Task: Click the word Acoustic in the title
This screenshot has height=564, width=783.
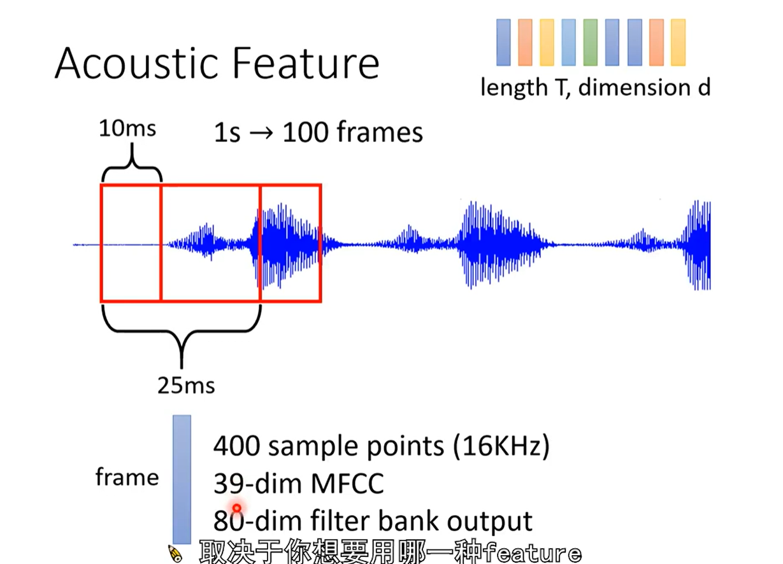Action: [x=137, y=63]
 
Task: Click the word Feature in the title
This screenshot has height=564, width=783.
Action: [x=306, y=63]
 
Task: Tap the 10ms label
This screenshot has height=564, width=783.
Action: [x=127, y=129]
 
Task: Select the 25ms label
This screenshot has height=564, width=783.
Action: [x=186, y=386]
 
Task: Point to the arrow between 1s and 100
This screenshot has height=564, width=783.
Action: [x=261, y=134]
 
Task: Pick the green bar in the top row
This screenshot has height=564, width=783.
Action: [x=591, y=42]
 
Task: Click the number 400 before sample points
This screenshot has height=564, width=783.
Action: [x=236, y=446]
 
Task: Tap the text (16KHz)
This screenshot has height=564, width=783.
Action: [x=501, y=447]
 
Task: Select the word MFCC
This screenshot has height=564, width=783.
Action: [x=347, y=483]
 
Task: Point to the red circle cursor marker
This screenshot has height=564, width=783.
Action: [x=236, y=508]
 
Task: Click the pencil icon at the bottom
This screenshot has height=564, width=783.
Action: [x=175, y=554]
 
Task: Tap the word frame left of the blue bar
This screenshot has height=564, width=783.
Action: [x=127, y=477]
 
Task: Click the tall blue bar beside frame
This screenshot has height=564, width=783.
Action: [x=182, y=479]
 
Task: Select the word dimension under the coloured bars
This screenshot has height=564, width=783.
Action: [x=635, y=87]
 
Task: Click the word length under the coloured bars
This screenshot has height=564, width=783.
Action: [x=514, y=88]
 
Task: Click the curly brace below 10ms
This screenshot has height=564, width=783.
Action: [x=132, y=168]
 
